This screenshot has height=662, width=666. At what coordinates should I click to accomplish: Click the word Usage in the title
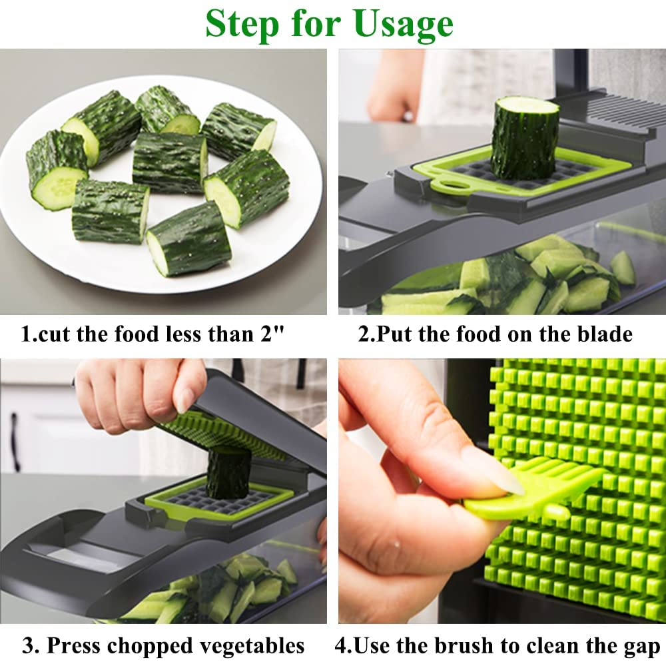[404, 24]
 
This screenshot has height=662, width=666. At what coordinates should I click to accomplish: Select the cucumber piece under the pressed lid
[228, 474]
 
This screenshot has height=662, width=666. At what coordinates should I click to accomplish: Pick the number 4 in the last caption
[340, 645]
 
